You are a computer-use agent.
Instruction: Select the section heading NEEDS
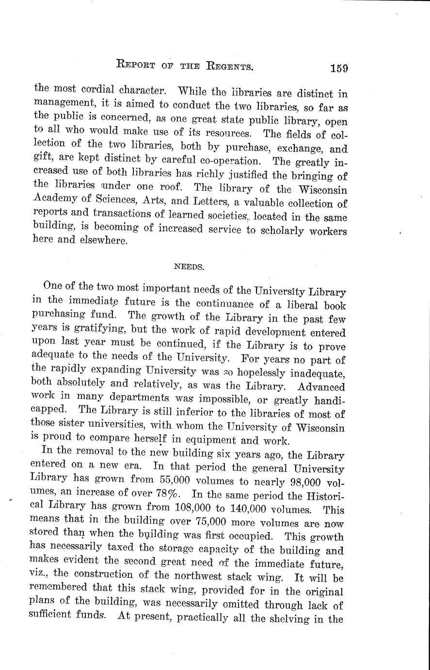pos(185,266)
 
